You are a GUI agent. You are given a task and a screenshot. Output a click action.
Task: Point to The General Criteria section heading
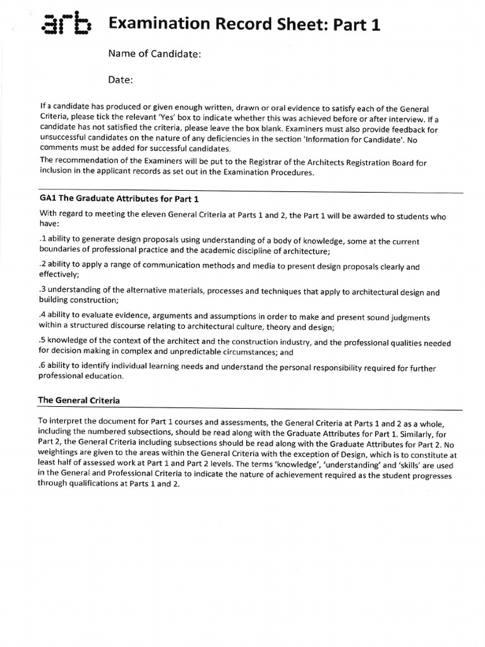[x=79, y=400]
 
